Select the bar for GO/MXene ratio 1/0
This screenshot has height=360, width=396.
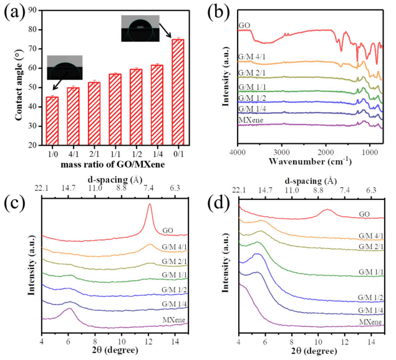pyautogui.click(x=52, y=121)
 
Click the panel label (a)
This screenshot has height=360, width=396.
pyautogui.click(x=13, y=11)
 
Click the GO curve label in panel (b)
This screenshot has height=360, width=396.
pyautogui.click(x=244, y=26)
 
